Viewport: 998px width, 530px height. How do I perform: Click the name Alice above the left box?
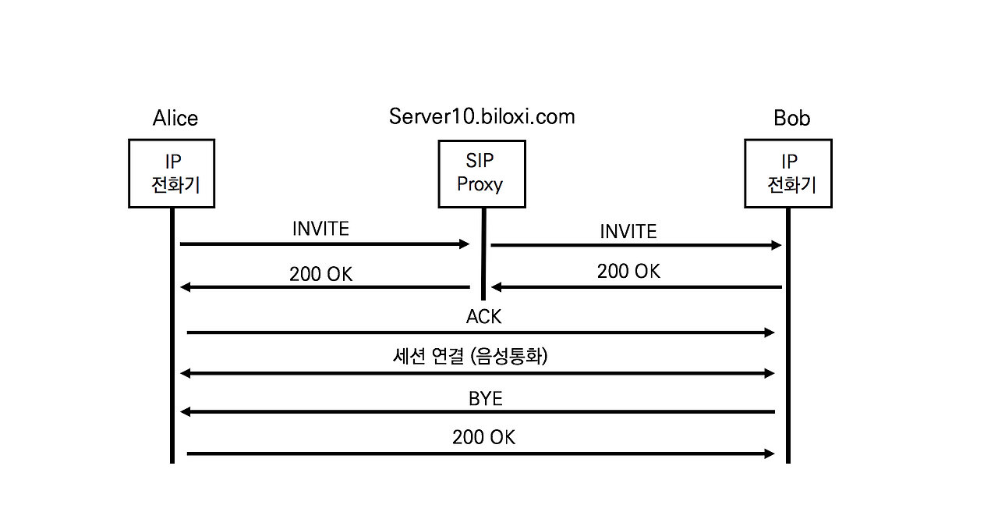tap(175, 118)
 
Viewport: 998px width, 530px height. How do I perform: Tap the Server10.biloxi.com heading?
tap(482, 116)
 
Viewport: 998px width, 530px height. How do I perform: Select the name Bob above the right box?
tap(791, 118)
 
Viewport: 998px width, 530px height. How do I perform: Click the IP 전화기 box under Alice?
tap(172, 173)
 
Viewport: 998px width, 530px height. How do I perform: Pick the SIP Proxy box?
tap(481, 173)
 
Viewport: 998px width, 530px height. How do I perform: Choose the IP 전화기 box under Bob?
tap(788, 173)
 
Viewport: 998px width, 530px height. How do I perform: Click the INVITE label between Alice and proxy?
tap(320, 229)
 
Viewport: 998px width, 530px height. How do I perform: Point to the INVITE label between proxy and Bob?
tap(628, 232)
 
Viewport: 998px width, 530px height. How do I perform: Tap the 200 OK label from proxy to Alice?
tap(320, 274)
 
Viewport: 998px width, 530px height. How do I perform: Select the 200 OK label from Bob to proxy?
tap(628, 271)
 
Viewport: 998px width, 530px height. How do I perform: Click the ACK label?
tap(483, 316)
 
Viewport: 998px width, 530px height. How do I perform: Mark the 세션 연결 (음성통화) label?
tap(470, 357)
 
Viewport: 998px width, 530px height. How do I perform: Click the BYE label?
tap(485, 399)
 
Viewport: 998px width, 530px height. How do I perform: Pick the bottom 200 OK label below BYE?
tap(483, 437)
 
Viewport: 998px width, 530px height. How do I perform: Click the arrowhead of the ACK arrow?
tap(770, 333)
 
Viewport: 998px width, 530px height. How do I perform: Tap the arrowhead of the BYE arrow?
tap(186, 411)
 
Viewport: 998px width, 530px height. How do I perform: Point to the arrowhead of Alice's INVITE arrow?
tap(465, 244)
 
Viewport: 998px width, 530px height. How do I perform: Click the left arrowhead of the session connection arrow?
tap(186, 374)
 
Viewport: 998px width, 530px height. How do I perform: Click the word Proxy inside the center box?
tap(480, 185)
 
